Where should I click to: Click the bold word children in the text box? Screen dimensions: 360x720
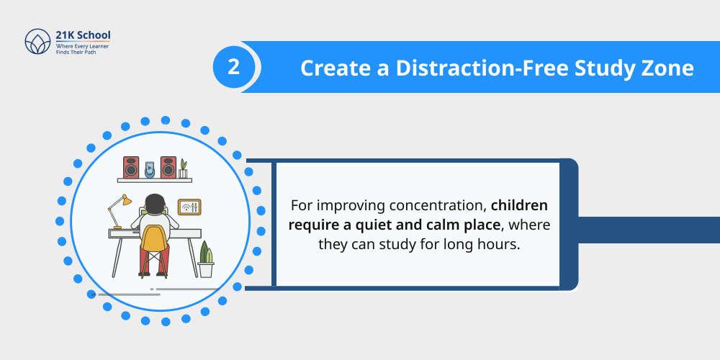[519, 204]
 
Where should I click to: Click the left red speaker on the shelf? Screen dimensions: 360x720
[131, 167]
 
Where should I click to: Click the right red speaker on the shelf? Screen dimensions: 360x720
[168, 167]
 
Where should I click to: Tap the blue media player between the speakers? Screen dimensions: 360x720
[150, 169]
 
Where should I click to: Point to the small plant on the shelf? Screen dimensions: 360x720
[183, 168]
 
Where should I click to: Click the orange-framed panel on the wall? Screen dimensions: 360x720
[189, 207]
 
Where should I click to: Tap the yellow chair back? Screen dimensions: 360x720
[153, 238]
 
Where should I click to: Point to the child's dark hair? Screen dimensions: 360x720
[154, 203]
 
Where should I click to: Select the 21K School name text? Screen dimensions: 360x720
[83, 35]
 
